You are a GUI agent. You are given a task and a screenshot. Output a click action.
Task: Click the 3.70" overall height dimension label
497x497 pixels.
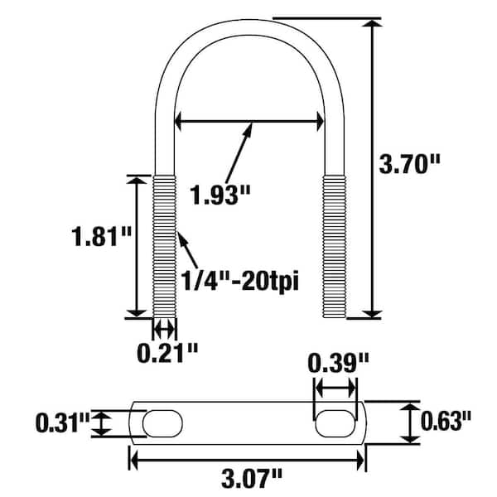[x=410, y=164]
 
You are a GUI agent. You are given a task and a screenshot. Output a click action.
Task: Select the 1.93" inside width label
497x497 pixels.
[x=220, y=195]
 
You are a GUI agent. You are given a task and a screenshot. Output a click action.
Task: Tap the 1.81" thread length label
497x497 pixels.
[x=101, y=236]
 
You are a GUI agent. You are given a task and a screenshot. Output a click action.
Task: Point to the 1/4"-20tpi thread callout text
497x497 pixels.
[x=239, y=281]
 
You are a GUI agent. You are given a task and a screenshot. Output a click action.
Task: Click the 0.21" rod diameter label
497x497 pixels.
[x=167, y=353]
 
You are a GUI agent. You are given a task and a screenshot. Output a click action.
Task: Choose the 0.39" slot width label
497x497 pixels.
[x=338, y=364]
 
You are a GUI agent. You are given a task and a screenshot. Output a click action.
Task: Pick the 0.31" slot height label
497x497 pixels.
[x=63, y=422]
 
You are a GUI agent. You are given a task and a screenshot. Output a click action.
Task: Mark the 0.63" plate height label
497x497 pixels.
[x=446, y=421]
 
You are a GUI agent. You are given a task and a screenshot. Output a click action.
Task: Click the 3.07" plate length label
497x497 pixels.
[x=251, y=479]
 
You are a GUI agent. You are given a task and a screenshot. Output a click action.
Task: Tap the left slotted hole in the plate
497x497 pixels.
[x=162, y=423]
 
